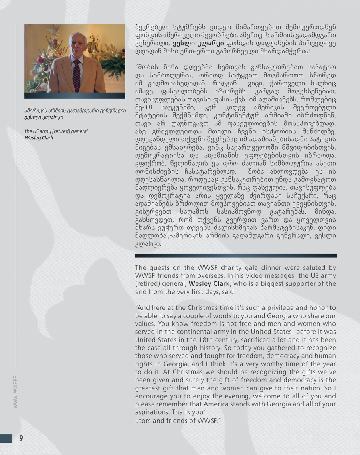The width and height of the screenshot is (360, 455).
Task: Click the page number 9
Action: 21,439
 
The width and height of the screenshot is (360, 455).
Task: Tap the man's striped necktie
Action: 76,75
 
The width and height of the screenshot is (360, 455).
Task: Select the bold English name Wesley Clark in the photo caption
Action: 39,138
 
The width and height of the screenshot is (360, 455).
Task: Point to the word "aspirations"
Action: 152,412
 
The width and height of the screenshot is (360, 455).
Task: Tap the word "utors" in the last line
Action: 143,420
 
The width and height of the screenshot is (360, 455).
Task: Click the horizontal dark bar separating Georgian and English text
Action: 235,255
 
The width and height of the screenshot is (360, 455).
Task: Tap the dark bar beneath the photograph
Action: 75,95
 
